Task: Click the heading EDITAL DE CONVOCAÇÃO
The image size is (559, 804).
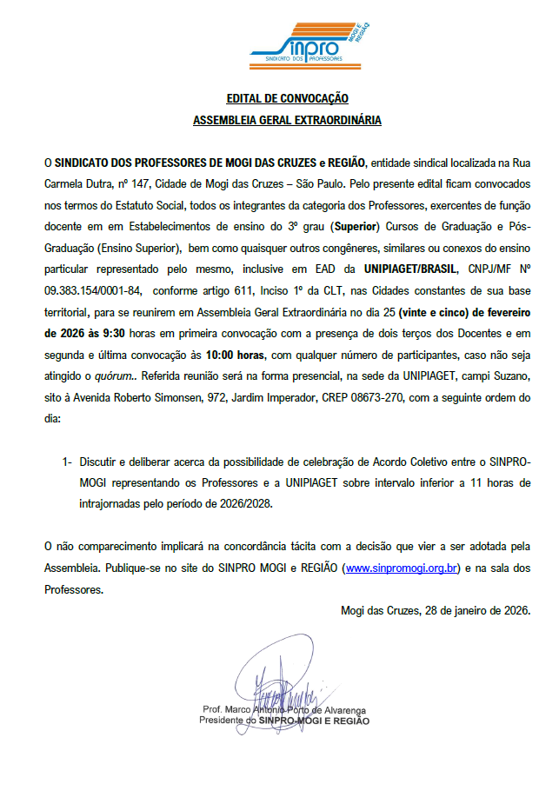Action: pos(287,99)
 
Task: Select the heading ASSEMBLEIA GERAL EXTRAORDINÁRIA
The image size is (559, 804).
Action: pos(287,121)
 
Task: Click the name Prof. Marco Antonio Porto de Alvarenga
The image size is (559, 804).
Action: pos(283,710)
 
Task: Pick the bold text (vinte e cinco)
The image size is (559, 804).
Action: pos(403,336)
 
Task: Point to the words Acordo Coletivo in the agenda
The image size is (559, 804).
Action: pos(396,462)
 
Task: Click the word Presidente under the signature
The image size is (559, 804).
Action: pos(223,721)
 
